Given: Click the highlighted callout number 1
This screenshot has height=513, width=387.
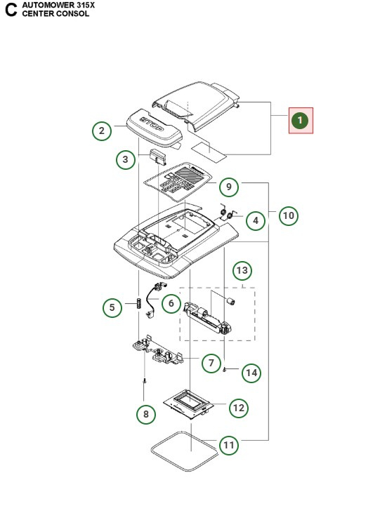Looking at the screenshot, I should pos(301,121).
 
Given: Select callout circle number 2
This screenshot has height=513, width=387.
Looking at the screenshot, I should pos(102,131).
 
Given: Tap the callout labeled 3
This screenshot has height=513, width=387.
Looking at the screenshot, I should pos(125,161).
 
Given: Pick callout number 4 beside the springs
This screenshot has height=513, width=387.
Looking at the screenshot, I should pos(256,220).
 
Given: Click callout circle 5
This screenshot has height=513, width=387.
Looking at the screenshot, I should pos(112,307).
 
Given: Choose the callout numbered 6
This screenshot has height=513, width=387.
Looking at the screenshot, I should pos(171,303).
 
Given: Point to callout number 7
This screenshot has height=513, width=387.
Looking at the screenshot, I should pos(211,363).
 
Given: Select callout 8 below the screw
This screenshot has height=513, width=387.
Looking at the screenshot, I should pos(145,414).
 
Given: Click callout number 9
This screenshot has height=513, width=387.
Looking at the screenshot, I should pos(228,187).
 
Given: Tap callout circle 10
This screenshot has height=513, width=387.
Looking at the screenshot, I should pos(288,215).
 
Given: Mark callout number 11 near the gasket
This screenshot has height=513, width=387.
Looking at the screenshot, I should pos(229,444).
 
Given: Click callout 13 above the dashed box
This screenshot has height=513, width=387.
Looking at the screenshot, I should pos(242,270).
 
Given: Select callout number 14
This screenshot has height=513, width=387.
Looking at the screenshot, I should pos(251,373).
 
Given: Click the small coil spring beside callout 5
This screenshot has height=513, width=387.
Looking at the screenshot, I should pos(138,307).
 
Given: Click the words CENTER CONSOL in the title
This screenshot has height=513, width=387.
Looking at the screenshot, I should pos(55,13).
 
